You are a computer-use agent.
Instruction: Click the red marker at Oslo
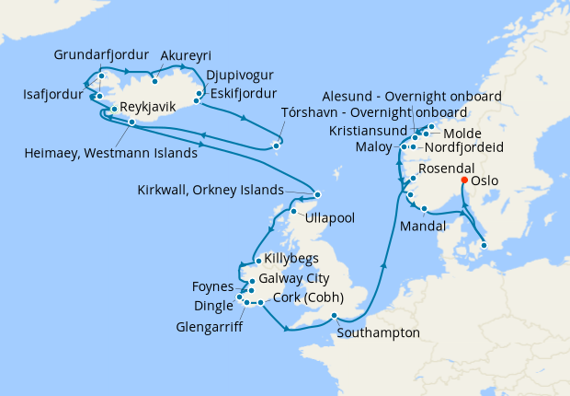[464, 180]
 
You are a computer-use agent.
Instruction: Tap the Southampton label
[379, 332]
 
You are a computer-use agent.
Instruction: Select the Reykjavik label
[148, 109]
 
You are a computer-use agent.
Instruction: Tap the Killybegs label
[290, 260]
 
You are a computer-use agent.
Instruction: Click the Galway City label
[297, 278]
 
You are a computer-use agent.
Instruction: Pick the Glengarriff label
[215, 324]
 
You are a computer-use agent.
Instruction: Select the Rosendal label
[447, 170]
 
